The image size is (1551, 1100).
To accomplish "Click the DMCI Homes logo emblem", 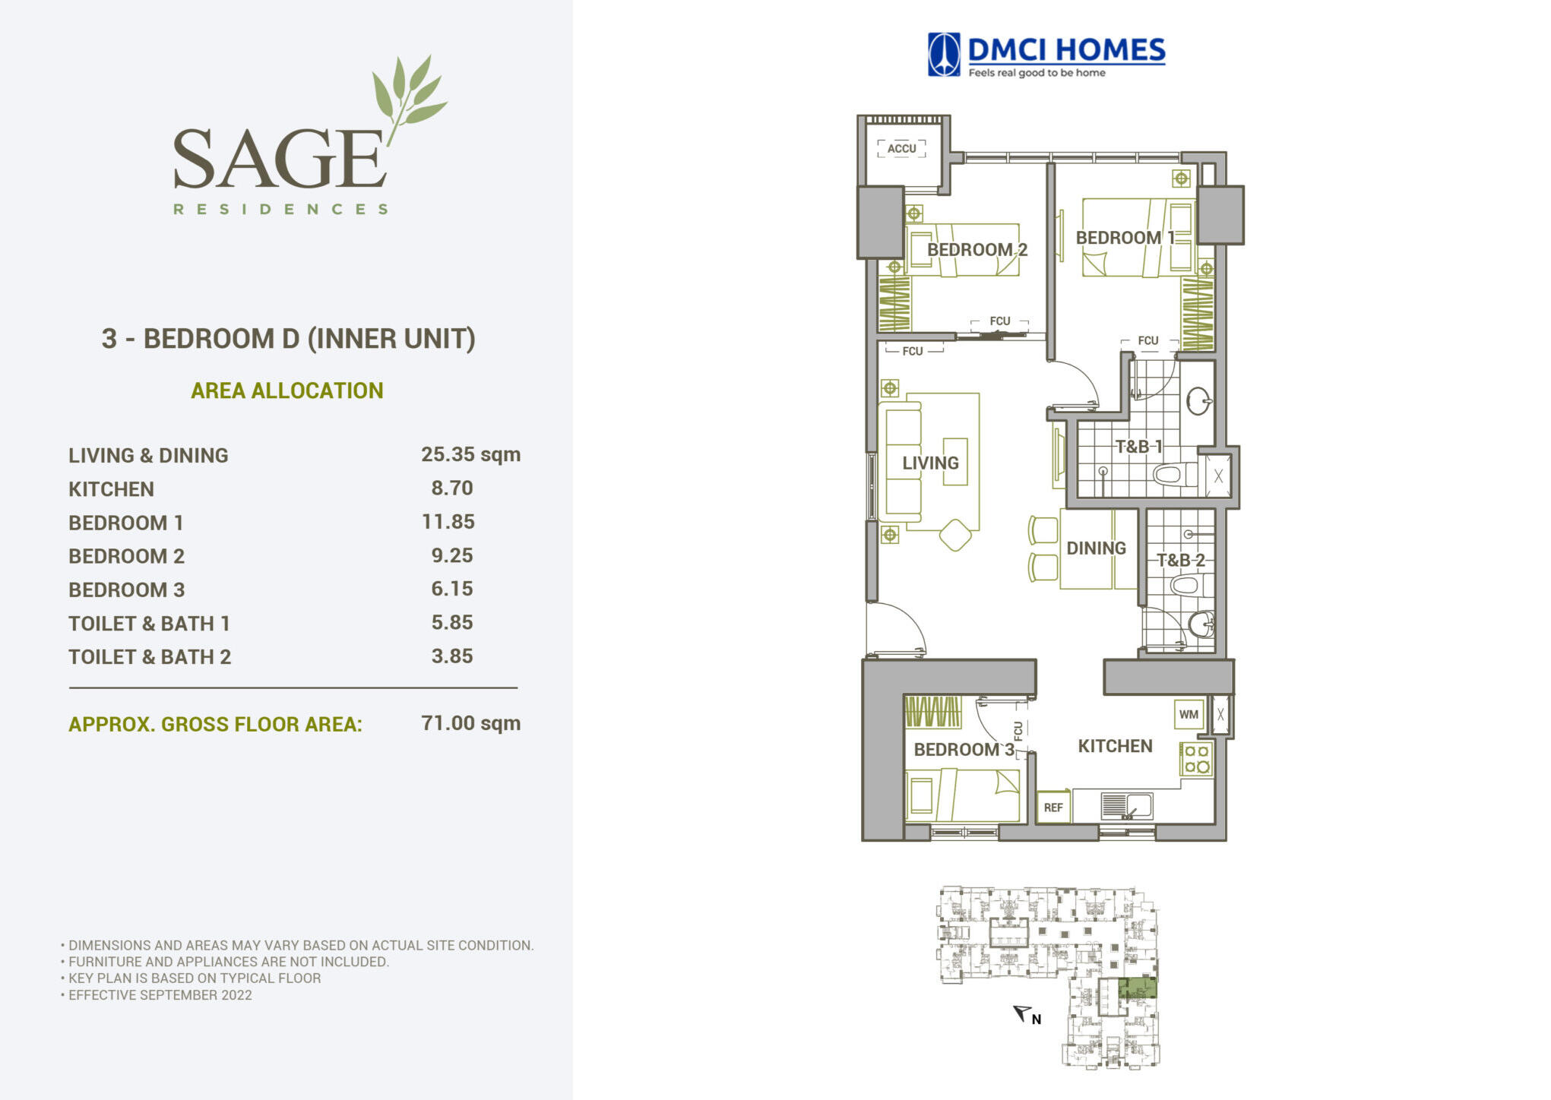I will click(944, 55).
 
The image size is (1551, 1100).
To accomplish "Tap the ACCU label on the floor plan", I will click(902, 148).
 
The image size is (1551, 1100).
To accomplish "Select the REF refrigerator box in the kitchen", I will click(1053, 808).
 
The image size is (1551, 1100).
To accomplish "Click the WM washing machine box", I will click(1189, 714).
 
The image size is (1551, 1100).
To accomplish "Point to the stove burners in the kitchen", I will click(1197, 759).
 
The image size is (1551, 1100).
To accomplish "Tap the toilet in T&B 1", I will click(1170, 476).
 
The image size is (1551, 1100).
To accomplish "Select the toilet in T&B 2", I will click(1185, 586).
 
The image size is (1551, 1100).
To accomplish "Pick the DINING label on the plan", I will click(1096, 548).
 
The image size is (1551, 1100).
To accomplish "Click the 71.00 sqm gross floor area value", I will click(470, 722).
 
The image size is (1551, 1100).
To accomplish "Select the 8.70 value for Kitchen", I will click(452, 488).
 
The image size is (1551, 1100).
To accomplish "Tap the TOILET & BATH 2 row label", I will click(150, 657).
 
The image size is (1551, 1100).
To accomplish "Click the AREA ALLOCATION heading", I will click(287, 390).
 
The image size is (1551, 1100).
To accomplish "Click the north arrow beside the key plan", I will click(1023, 1013).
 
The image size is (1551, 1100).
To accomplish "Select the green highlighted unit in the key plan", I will click(1138, 988).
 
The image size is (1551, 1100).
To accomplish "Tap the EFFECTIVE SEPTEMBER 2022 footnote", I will click(160, 995).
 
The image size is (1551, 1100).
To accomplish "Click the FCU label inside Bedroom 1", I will click(1147, 340).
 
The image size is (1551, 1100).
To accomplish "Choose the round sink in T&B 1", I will click(1198, 401).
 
